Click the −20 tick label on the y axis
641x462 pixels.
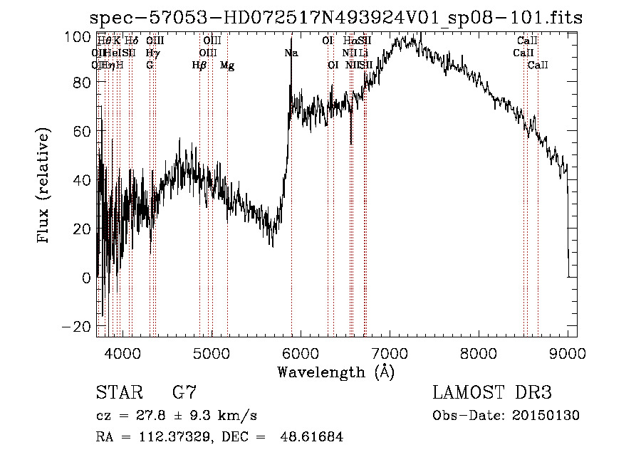pos(72,326)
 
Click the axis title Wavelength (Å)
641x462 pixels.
pos(335,372)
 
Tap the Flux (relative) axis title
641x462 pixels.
pos(44,187)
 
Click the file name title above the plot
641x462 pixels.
pos(336,18)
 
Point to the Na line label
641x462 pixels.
pos(291,53)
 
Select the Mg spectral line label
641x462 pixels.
pos(227,65)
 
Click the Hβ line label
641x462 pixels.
pos(199,65)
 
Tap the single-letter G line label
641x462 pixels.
pos(150,65)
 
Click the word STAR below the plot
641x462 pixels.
pos(118,393)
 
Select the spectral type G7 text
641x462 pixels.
pos(184,393)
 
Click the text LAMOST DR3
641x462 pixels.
pos(491,393)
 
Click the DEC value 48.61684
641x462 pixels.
pos(313,437)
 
